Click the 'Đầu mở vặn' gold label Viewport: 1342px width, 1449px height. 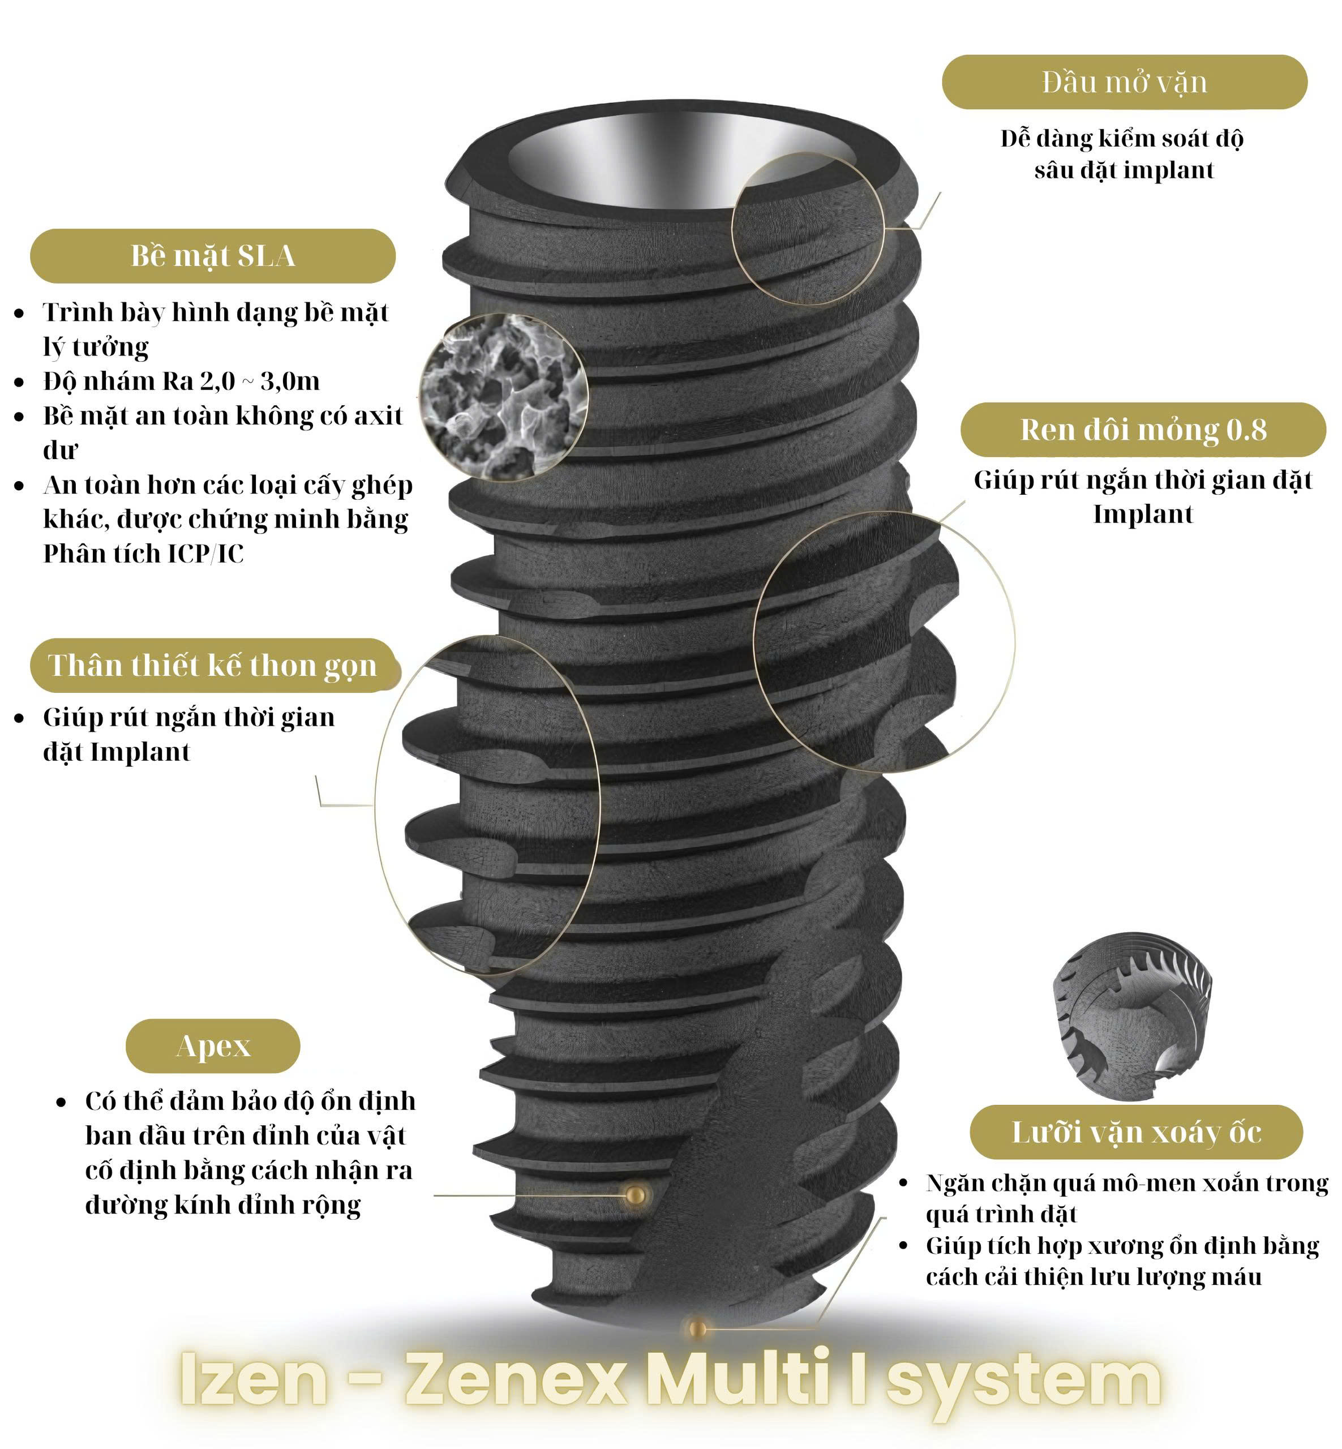click(x=1124, y=82)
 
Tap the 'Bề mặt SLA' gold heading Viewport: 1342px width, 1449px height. click(x=213, y=256)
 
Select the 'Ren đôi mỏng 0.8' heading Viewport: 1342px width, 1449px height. click(x=1143, y=429)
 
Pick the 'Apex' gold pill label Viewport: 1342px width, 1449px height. click(x=213, y=1047)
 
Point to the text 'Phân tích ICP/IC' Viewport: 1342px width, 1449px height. click(x=144, y=554)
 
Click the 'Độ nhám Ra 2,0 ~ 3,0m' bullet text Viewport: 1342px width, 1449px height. click(x=181, y=381)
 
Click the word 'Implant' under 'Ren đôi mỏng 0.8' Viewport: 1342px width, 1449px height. click(x=1143, y=515)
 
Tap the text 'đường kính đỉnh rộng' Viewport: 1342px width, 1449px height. click(x=223, y=1205)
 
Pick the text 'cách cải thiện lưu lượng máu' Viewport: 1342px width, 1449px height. click(x=1094, y=1277)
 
